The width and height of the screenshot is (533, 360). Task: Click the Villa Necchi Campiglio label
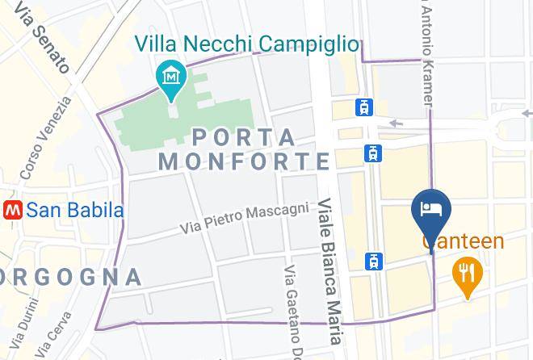pos(246,44)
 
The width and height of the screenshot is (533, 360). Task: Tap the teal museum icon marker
pos(171,77)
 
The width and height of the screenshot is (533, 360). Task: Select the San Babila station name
pos(75,211)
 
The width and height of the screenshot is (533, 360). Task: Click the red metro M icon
pos(12,211)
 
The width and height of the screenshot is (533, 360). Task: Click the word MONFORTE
pos(244,161)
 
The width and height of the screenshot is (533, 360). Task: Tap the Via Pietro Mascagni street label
pos(245,219)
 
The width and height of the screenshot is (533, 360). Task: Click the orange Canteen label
pos(463,241)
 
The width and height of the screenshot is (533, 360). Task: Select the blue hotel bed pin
pos(431,210)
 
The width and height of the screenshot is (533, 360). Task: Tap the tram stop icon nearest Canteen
pos(374,261)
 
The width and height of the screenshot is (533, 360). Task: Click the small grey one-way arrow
pos(396,123)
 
